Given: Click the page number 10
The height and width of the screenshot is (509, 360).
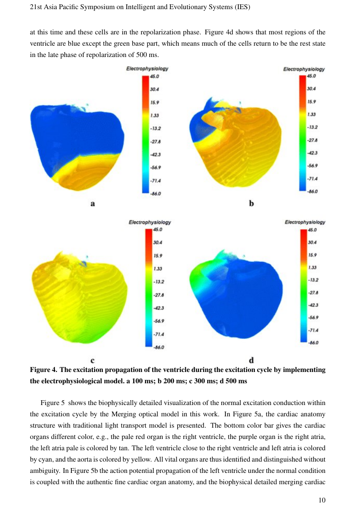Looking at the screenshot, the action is pyautogui.click(x=322, y=500).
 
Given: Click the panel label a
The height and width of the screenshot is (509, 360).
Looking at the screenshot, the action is pyautogui.click(x=93, y=204).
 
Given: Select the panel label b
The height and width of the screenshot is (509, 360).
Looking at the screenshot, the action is pyautogui.click(x=251, y=203).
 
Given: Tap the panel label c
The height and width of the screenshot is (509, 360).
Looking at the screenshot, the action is pyautogui.click(x=93, y=360).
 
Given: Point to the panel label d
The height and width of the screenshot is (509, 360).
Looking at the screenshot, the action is pyautogui.click(x=251, y=360).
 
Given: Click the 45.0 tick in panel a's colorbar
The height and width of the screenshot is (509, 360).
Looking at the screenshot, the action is pyautogui.click(x=155, y=76).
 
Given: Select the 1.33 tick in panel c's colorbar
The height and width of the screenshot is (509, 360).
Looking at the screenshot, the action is pyautogui.click(x=158, y=268).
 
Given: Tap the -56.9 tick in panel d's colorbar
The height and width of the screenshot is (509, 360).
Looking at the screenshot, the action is pyautogui.click(x=313, y=318).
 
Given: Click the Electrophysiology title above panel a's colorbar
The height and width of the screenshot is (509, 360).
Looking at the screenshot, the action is pyautogui.click(x=147, y=68).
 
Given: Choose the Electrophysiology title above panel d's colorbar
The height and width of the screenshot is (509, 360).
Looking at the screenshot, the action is pyautogui.click(x=305, y=222).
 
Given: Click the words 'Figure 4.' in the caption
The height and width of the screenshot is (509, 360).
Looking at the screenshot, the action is pyautogui.click(x=44, y=370).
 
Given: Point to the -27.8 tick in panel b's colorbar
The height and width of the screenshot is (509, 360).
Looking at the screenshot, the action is pyautogui.click(x=312, y=140).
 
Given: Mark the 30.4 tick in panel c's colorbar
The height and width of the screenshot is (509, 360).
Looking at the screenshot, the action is pyautogui.click(x=158, y=242).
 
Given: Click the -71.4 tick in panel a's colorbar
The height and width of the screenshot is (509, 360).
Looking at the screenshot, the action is pyautogui.click(x=155, y=181).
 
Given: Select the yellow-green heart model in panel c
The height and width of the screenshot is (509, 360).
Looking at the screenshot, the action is pyautogui.click(x=80, y=297).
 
